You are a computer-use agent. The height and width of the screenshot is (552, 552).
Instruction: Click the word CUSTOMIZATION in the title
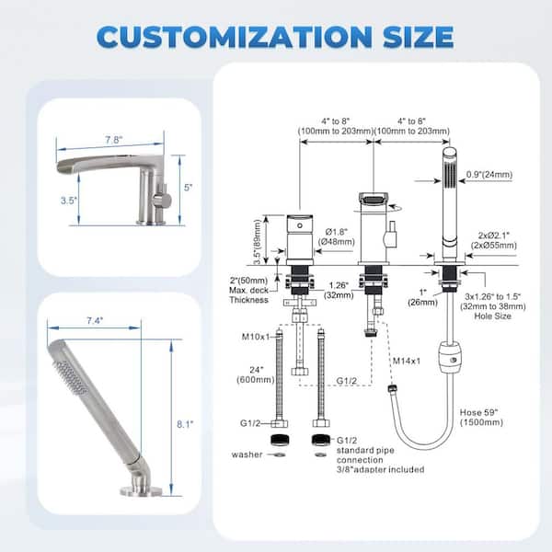click(x=235, y=37)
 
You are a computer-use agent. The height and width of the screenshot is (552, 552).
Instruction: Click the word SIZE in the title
click(x=419, y=37)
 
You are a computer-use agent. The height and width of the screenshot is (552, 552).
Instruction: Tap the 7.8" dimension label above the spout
click(x=114, y=140)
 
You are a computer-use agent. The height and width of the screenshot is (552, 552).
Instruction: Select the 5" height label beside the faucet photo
click(x=189, y=188)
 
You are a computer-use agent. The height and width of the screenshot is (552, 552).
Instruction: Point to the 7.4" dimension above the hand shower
click(x=95, y=321)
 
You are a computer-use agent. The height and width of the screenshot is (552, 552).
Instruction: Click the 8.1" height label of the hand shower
click(x=185, y=424)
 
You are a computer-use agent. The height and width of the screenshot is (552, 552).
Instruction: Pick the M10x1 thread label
click(x=256, y=337)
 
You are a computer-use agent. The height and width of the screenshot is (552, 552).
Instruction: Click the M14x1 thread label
click(x=407, y=361)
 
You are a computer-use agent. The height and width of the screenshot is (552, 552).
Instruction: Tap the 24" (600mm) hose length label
click(x=256, y=374)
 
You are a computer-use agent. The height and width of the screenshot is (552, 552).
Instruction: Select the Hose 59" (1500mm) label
click(x=481, y=417)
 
